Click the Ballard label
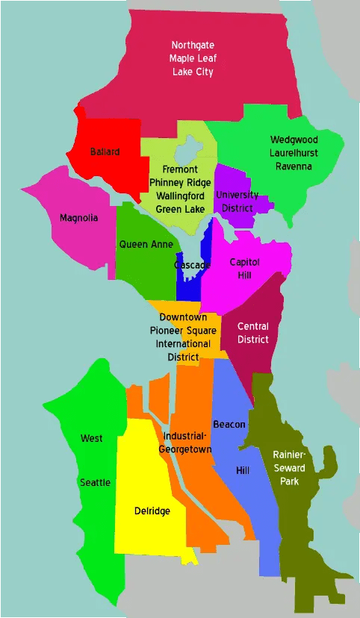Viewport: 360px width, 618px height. (105, 152)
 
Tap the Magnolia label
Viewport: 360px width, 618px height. (78, 218)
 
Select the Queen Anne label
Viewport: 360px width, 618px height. (146, 244)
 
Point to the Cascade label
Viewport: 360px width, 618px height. (192, 265)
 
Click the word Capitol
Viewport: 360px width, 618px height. (244, 262)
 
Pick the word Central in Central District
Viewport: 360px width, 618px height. (252, 326)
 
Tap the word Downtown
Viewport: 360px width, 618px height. (184, 317)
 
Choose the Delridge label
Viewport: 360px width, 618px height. (152, 511)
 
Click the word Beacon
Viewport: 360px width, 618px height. (229, 424)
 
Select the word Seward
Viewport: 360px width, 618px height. (289, 468)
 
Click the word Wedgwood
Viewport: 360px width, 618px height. (294, 140)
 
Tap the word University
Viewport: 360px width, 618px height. (237, 195)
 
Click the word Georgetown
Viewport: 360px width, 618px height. (185, 449)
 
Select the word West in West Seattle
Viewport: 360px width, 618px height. (92, 438)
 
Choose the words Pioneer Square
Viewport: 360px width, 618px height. (184, 331)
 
